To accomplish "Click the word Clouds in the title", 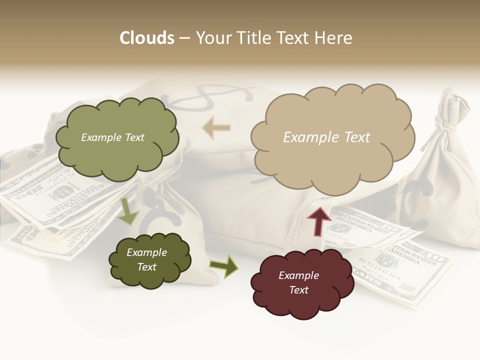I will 147,38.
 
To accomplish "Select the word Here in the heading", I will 334,38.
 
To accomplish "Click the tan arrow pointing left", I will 216,128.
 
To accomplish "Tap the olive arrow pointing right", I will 223,266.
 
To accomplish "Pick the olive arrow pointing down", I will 128,210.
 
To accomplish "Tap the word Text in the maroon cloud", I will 298,290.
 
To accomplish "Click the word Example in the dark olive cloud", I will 146,252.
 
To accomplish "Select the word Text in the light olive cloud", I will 134,137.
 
